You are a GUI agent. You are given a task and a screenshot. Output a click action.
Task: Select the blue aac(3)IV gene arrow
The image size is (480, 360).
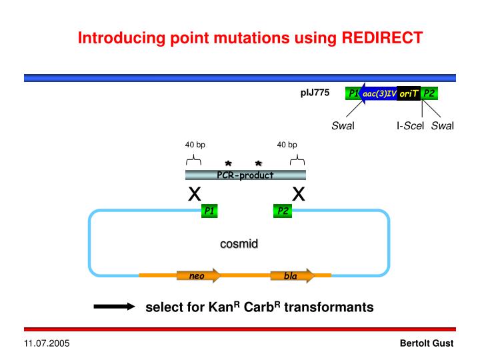pyautogui.click(x=379, y=93)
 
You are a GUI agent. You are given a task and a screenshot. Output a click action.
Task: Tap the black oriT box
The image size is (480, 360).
pyautogui.click(x=409, y=93)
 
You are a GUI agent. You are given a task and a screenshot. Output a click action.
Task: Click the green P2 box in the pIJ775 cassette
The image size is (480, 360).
pyautogui.click(x=429, y=93)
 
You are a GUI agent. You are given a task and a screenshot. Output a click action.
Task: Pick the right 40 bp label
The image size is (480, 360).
pyautogui.click(x=287, y=145)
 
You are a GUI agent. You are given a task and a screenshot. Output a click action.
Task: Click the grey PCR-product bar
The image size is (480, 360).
pyautogui.click(x=245, y=175)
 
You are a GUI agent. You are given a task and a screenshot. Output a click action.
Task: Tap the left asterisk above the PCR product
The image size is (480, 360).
pyautogui.click(x=228, y=163)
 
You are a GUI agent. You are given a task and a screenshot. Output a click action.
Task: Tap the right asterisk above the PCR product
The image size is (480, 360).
pyautogui.click(x=258, y=163)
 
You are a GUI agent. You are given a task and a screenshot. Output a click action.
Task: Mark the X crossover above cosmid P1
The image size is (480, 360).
pyautogui.click(x=195, y=194)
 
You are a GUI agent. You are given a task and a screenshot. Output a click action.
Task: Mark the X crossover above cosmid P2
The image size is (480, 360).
pyautogui.click(x=299, y=194)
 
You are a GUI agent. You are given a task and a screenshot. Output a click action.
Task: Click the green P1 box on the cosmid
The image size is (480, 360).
pyautogui.click(x=210, y=211)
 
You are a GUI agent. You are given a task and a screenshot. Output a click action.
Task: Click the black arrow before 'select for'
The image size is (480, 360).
pyautogui.click(x=114, y=307)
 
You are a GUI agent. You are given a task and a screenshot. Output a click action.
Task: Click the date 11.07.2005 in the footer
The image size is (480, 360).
pyautogui.click(x=47, y=343)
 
